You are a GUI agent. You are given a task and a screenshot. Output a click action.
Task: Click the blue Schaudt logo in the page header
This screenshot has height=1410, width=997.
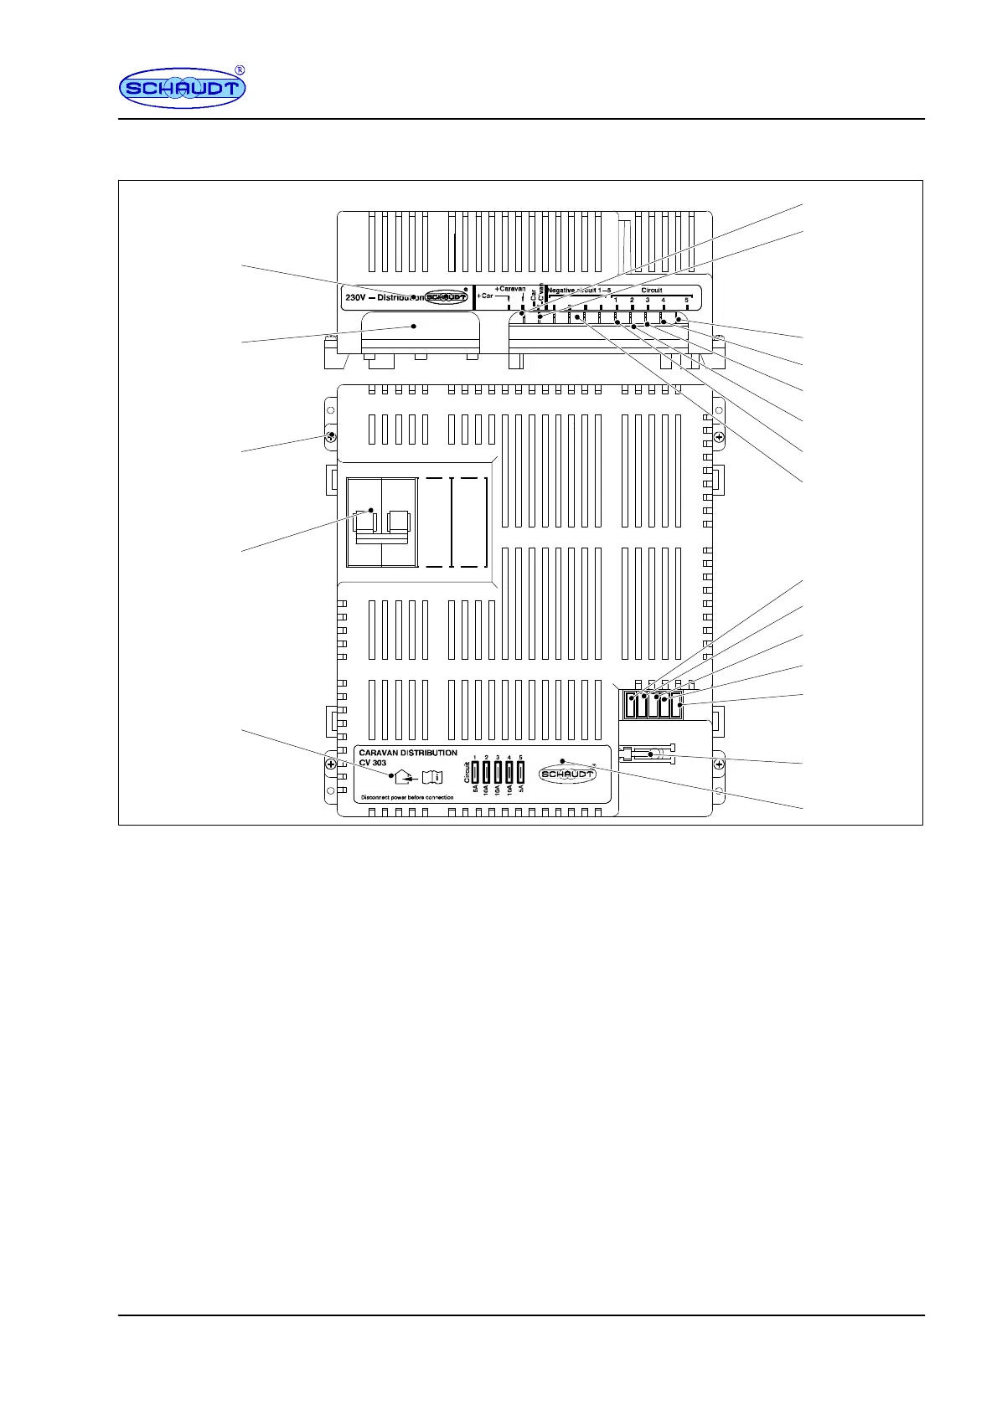pyautogui.click(x=182, y=88)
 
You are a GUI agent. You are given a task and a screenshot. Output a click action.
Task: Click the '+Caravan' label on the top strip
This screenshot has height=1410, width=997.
pyautogui.click(x=509, y=289)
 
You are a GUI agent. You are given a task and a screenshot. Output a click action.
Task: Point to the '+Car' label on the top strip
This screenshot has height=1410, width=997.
pyautogui.click(x=485, y=296)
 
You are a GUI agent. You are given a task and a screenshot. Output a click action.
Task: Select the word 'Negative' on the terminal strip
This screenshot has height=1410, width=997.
pyautogui.click(x=561, y=291)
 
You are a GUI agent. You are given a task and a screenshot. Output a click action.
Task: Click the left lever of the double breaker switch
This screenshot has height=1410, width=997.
pyautogui.click(x=364, y=521)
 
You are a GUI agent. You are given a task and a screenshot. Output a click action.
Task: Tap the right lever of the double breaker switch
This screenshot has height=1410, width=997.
pyautogui.click(x=398, y=521)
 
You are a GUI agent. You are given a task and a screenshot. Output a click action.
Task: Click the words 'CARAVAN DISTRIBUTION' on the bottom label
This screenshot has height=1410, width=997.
pyautogui.click(x=408, y=753)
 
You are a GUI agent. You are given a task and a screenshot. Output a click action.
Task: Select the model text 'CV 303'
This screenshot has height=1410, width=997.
pyautogui.click(x=373, y=763)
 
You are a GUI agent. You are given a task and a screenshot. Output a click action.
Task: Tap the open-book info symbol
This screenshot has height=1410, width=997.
pyautogui.click(x=431, y=776)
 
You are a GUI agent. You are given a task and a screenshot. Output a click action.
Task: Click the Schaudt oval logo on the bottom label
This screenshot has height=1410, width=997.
pyautogui.click(x=567, y=774)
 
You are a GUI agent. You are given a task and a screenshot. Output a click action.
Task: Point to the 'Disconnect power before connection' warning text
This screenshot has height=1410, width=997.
pyautogui.click(x=407, y=797)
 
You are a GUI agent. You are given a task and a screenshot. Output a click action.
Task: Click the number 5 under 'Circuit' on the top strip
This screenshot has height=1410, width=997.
pyautogui.click(x=687, y=300)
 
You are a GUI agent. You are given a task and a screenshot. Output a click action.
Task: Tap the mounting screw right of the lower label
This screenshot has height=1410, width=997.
pyautogui.click(x=719, y=764)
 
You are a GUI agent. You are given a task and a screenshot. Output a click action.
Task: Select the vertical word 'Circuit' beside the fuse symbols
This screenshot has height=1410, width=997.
pyautogui.click(x=467, y=772)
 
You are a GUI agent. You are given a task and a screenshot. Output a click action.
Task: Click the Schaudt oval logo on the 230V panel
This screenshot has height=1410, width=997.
pyautogui.click(x=446, y=297)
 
